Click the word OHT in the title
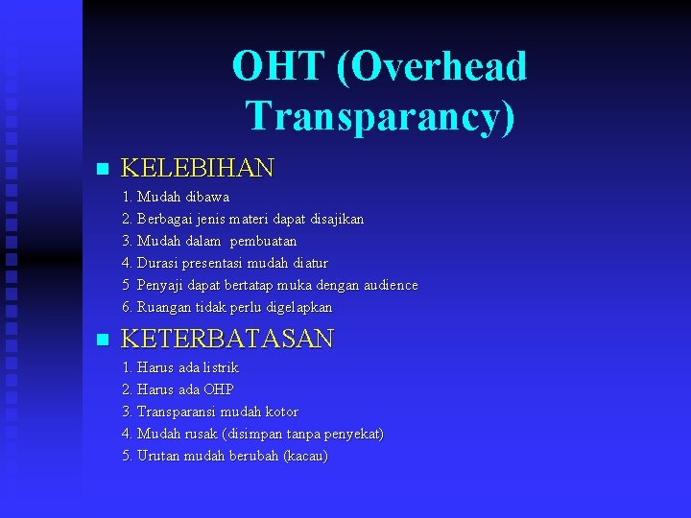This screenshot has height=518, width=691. click(279, 67)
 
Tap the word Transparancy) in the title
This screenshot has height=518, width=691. click(380, 116)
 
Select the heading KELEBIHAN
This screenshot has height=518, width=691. click(198, 169)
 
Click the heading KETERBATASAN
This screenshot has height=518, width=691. click(227, 339)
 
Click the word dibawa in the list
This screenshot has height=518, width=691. click(208, 197)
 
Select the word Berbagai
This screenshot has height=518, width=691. click(167, 219)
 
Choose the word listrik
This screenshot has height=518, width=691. click(220, 367)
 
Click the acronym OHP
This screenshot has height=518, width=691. click(218, 389)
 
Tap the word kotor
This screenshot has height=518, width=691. click(279, 412)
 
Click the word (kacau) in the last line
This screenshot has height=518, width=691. click(305, 456)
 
